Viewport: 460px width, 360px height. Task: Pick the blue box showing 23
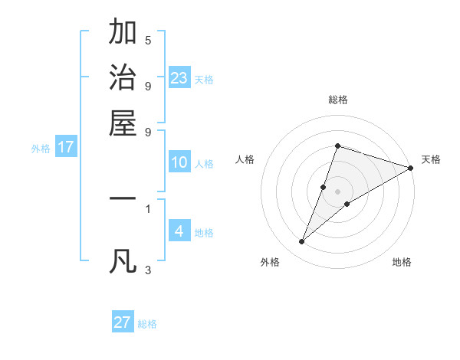click(x=179, y=78)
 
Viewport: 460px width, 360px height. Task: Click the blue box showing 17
click(x=66, y=147)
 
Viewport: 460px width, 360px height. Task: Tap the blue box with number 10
click(x=179, y=162)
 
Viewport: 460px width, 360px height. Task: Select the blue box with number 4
click(x=179, y=231)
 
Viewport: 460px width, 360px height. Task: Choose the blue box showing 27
click(x=123, y=322)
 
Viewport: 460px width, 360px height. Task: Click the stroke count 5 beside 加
click(x=148, y=40)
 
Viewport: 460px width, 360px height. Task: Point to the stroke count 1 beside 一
click(x=148, y=207)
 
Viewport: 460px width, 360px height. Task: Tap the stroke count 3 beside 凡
click(x=148, y=270)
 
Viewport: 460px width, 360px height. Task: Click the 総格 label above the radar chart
click(x=338, y=100)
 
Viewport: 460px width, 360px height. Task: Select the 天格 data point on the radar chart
click(x=410, y=168)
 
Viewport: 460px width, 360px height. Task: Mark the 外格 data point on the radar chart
click(x=302, y=242)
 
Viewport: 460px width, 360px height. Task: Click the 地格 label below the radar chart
click(x=402, y=263)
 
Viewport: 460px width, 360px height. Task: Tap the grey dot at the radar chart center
click(x=338, y=191)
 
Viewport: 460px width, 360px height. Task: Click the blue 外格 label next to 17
click(x=40, y=149)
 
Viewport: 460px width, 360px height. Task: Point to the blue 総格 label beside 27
click(x=147, y=324)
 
